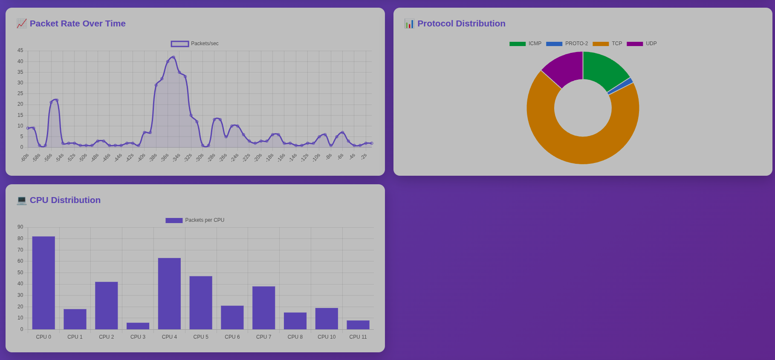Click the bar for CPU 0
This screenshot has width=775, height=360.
[43, 283]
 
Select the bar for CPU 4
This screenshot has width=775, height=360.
[169, 293]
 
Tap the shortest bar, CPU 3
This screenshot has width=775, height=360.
[138, 326]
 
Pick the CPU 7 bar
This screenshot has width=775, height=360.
[263, 308]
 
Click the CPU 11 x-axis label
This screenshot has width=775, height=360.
[358, 337]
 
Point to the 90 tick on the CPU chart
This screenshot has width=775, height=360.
[20, 227]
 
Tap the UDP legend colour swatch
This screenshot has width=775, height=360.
[635, 44]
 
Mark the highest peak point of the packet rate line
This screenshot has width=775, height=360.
[173, 57]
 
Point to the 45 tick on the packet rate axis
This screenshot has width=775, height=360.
[20, 50]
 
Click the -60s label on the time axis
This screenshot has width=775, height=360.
[25, 158]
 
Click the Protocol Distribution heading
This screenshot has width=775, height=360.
[461, 23]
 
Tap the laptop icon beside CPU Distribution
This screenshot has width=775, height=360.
[21, 200]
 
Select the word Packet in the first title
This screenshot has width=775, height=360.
[44, 23]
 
